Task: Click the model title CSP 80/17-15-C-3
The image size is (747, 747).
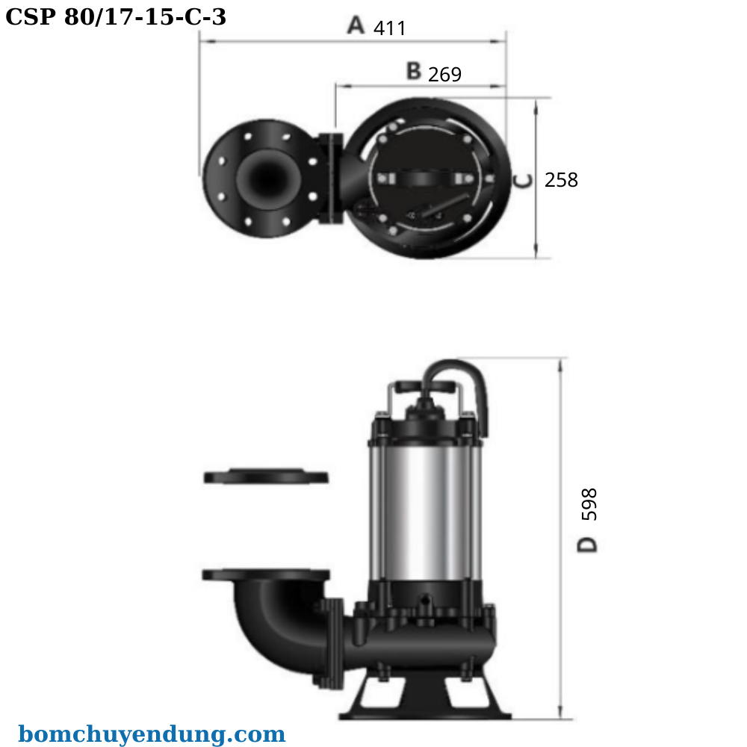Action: point(116,16)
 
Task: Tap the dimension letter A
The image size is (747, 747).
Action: point(356,25)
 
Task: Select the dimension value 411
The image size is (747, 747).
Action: point(389,28)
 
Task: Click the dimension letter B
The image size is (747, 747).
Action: point(414,71)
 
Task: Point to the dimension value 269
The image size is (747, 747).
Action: point(444,75)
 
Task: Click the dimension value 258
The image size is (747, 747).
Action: point(561,180)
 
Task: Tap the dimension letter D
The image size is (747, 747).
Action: point(589,544)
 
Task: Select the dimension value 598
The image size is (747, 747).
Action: point(589,504)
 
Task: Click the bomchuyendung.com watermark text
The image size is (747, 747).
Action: point(152,734)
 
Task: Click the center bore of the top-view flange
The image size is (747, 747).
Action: point(265,179)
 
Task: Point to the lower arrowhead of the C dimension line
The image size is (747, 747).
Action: point(536,253)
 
